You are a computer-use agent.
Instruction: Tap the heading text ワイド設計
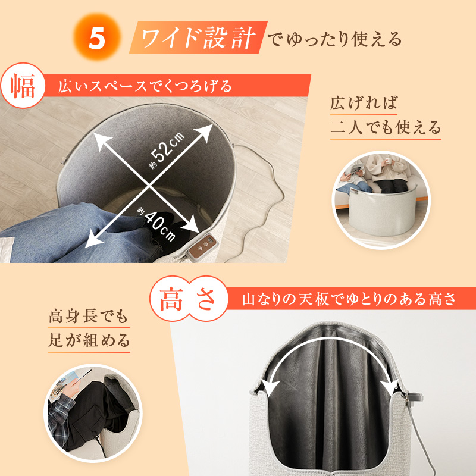tap(198, 38)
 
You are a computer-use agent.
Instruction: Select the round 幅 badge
tap(23, 85)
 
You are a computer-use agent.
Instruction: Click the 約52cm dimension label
tap(167, 150)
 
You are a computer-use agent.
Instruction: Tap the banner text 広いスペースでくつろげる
tap(145, 86)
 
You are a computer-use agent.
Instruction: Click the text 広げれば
tap(364, 103)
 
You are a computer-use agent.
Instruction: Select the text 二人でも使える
tap(386, 127)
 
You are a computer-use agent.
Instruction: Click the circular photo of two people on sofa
tap(381, 199)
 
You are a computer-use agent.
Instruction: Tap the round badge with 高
tap(171, 299)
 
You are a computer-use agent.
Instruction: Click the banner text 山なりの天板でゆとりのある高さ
tap(349, 299)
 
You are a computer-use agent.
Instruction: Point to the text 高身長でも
tap(88, 317)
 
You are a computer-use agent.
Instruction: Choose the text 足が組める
tap(89, 340)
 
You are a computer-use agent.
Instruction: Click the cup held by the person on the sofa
tap(388, 160)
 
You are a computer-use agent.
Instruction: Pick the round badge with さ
tap(206, 299)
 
